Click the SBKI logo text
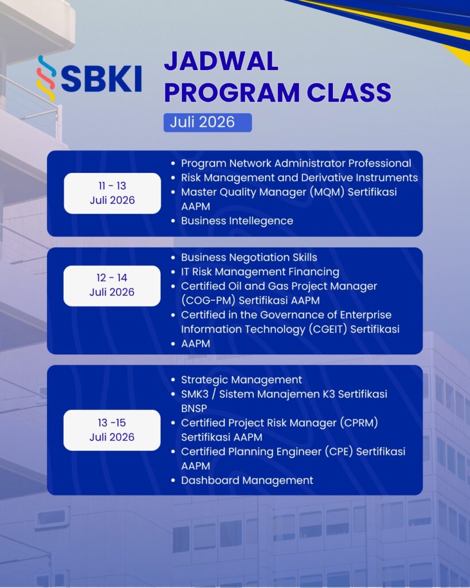tap(101, 79)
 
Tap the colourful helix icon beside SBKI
tap(46, 78)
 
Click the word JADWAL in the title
tap(221, 61)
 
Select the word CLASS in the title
tap(349, 92)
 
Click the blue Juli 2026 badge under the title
tap(208, 123)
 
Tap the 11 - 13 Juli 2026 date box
tap(112, 193)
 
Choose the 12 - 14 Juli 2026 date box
tap(112, 286)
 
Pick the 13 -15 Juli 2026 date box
tap(112, 430)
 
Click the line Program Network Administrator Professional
tap(296, 164)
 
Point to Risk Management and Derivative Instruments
tap(300, 177)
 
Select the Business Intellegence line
tap(237, 221)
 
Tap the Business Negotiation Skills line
tap(249, 257)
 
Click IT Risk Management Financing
tap(260, 272)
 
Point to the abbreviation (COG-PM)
tap(208, 300)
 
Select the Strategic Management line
tap(242, 380)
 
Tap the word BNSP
tap(194, 408)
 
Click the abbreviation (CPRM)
tap(359, 423)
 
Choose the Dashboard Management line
tap(247, 481)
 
